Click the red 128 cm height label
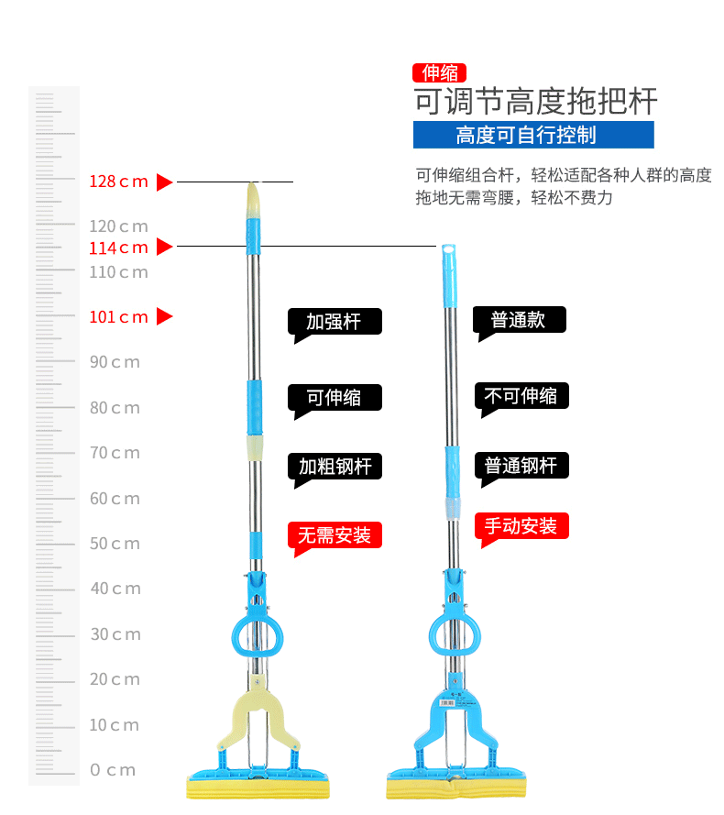tap(118, 182)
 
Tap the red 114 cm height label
tap(118, 248)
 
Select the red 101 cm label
tap(118, 317)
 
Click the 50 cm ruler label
tap(115, 544)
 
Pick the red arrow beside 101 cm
tap(164, 317)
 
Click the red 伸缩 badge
tap(440, 72)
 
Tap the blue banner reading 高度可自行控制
tap(533, 135)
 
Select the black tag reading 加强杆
tap(335, 322)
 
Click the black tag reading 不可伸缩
tap(521, 396)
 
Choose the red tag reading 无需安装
tap(335, 535)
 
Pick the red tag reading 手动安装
tap(521, 526)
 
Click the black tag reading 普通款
tap(519, 320)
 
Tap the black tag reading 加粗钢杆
tap(335, 466)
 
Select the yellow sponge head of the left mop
tap(256, 787)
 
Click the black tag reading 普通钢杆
tap(521, 466)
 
